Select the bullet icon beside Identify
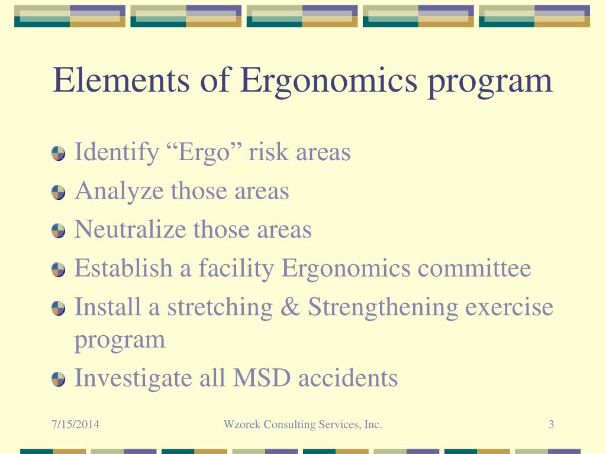(x=58, y=154)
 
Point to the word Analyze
(x=119, y=192)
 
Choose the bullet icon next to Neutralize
(x=58, y=231)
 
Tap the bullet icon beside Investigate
(x=58, y=379)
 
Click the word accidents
(x=348, y=378)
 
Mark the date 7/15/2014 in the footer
(x=75, y=424)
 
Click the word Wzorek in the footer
(x=241, y=424)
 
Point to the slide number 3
(x=551, y=424)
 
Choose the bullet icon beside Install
(x=58, y=309)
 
